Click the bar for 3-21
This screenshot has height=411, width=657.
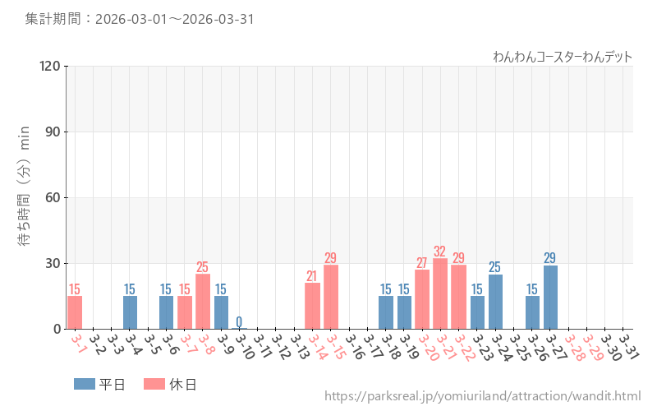(x=440, y=293)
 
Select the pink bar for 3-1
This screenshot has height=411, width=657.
(x=75, y=312)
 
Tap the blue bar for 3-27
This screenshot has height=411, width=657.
(x=550, y=297)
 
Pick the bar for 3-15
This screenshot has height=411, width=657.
(x=331, y=297)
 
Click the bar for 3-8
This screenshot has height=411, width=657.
(x=203, y=301)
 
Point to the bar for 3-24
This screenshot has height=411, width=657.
(x=495, y=301)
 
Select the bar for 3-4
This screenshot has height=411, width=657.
(x=130, y=312)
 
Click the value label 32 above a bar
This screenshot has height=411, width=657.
(x=440, y=252)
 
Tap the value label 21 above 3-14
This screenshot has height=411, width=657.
(x=312, y=276)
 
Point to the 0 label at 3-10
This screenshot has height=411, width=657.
(x=239, y=321)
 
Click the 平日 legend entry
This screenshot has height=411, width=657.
(x=99, y=384)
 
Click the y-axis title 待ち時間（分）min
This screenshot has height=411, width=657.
(x=25, y=197)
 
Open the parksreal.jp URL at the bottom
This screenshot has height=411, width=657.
(x=482, y=396)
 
